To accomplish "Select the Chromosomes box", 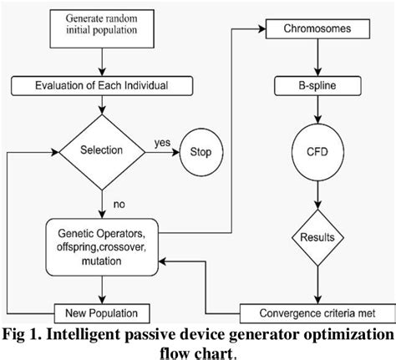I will pyautogui.click(x=317, y=30).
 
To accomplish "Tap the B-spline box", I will pyautogui.click(x=317, y=86).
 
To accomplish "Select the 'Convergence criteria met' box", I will pyautogui.click(x=317, y=313).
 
